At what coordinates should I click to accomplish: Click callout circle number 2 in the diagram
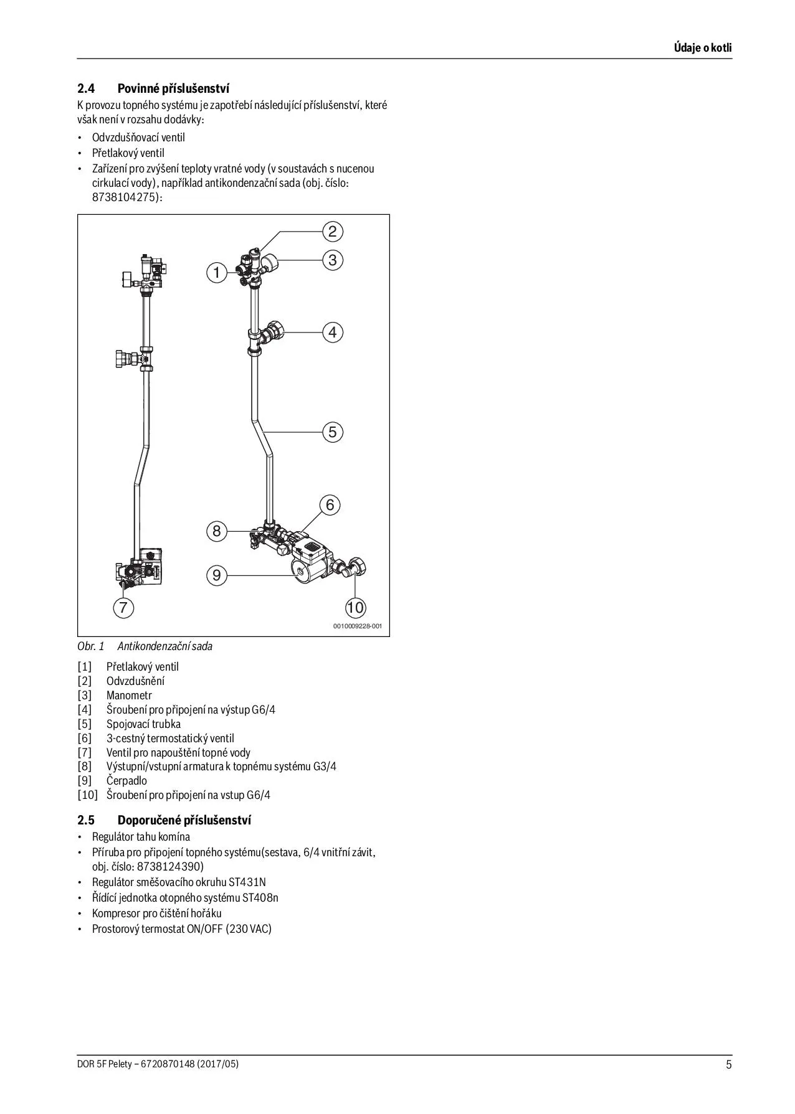point(333,232)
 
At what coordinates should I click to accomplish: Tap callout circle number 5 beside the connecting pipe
point(333,432)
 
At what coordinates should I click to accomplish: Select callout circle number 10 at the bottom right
point(355,607)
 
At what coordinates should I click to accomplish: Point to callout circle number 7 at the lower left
point(123,607)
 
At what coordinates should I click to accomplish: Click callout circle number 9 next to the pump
point(217,575)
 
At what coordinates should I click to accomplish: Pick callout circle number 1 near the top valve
point(217,273)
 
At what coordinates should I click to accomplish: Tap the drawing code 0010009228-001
point(358,626)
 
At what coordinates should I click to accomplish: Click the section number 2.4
point(85,88)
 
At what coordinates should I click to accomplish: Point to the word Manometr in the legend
point(129,696)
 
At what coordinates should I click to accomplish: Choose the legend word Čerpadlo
point(126,781)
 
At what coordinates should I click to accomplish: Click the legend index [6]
point(85,739)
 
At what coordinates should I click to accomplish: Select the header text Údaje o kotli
point(703,48)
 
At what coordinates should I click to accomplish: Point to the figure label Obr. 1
point(91,646)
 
